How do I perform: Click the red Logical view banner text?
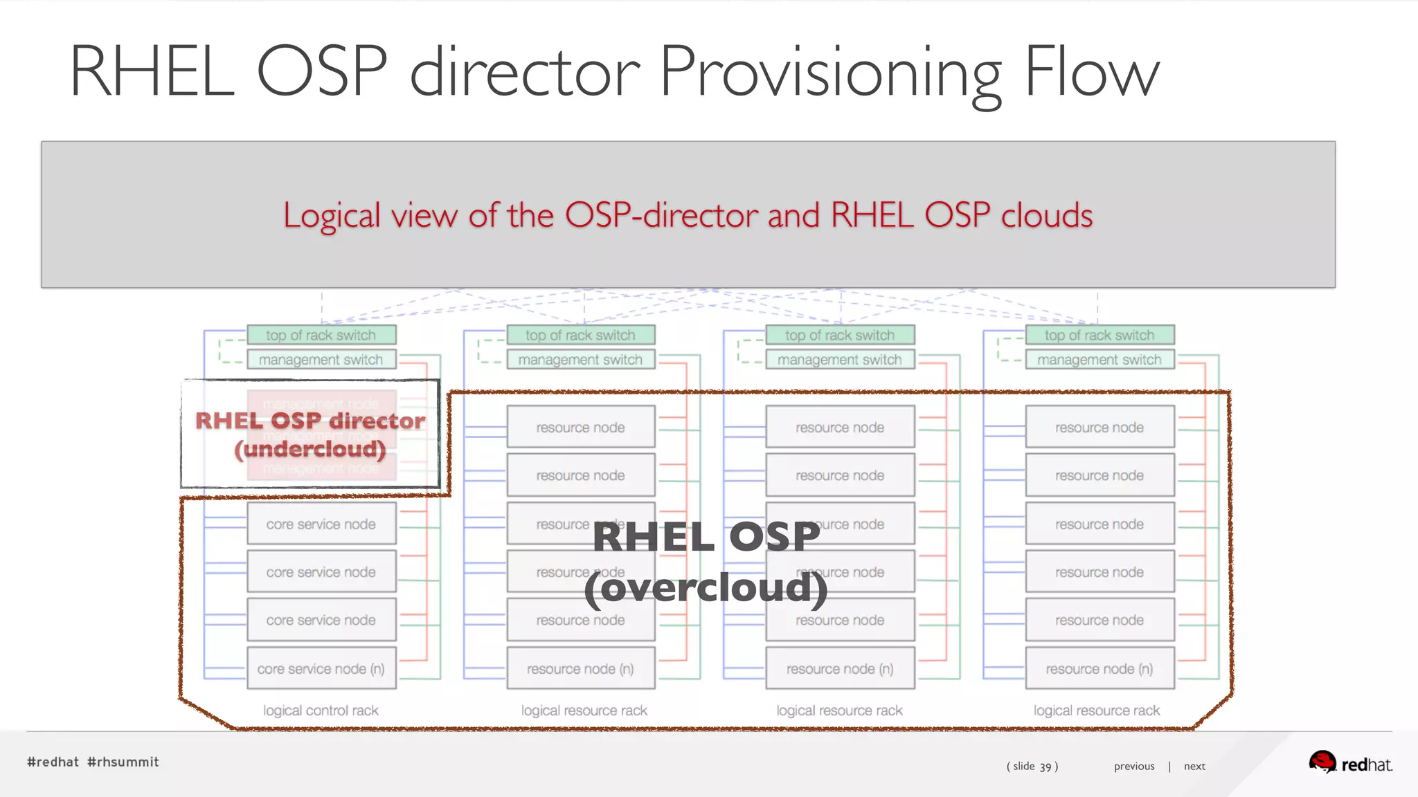(x=688, y=215)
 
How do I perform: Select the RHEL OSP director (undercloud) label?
(x=310, y=434)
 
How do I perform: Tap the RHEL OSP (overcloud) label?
(x=706, y=562)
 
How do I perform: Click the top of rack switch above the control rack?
(x=321, y=335)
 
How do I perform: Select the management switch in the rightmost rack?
(x=1100, y=360)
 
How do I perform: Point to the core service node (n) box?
(x=321, y=668)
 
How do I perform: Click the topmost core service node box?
(x=321, y=524)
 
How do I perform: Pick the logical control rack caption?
(x=321, y=711)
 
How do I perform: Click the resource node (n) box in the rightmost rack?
(x=1100, y=668)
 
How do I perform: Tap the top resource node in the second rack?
(x=580, y=427)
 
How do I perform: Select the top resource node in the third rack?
(x=840, y=427)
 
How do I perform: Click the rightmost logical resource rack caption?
(x=1097, y=711)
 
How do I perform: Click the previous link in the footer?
(x=1134, y=766)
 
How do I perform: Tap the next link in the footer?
(x=1194, y=766)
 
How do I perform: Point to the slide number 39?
(x=1045, y=767)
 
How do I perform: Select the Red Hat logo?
(x=1350, y=763)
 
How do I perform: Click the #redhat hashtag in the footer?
(x=53, y=762)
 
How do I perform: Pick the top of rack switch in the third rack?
(x=840, y=335)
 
